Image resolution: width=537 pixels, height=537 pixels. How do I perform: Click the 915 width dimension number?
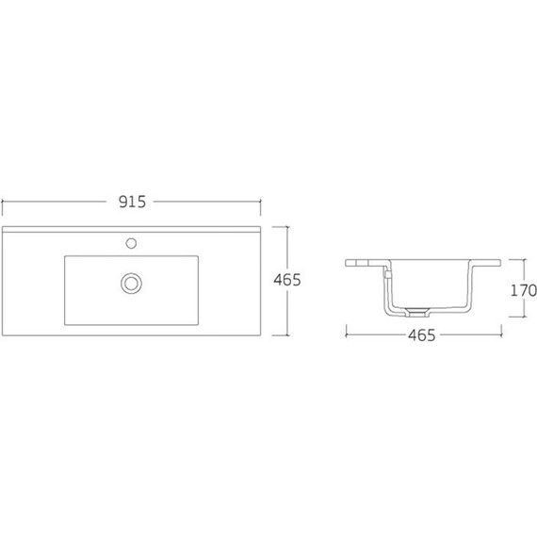[x=131, y=202]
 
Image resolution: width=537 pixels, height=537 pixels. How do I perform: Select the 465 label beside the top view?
[x=286, y=280]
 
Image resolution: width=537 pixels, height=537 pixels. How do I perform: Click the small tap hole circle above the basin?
[x=132, y=242]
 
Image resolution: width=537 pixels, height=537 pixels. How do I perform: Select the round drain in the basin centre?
[x=131, y=280]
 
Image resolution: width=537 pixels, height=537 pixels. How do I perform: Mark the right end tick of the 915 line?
[x=260, y=202]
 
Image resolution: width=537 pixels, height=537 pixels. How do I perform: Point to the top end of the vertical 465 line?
[x=286, y=227]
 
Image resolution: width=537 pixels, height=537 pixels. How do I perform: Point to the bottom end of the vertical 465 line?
[x=286, y=334]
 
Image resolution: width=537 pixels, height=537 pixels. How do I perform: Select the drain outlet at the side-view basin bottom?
[x=416, y=311]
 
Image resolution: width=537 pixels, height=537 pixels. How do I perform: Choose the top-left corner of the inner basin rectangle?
[x=65, y=255]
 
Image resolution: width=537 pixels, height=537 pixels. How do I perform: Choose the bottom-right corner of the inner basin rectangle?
[x=199, y=308]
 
